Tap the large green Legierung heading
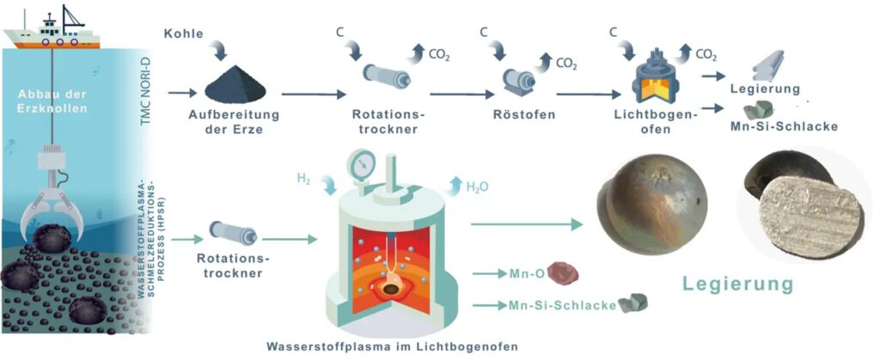pyautogui.click(x=736, y=284)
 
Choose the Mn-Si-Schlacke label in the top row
pyautogui.click(x=782, y=126)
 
